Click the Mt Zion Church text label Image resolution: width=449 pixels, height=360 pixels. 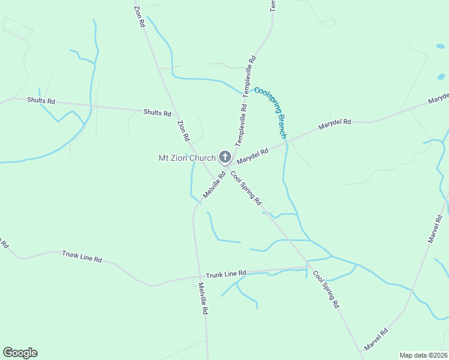coord(186,158)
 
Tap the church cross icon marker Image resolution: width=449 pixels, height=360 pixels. coord(225,158)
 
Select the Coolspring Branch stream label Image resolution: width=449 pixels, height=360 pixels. coord(271,113)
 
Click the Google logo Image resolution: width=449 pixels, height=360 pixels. coord(20,353)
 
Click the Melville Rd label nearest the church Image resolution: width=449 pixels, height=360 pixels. coord(214,185)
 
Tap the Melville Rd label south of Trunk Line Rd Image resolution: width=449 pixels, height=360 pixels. coord(203,299)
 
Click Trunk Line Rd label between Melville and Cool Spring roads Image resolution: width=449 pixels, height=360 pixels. coord(226,274)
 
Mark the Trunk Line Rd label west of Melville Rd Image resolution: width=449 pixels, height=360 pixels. coord(82,257)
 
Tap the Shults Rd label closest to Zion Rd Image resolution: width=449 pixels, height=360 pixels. coord(157,113)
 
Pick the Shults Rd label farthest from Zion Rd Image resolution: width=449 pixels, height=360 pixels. coord(41,101)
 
